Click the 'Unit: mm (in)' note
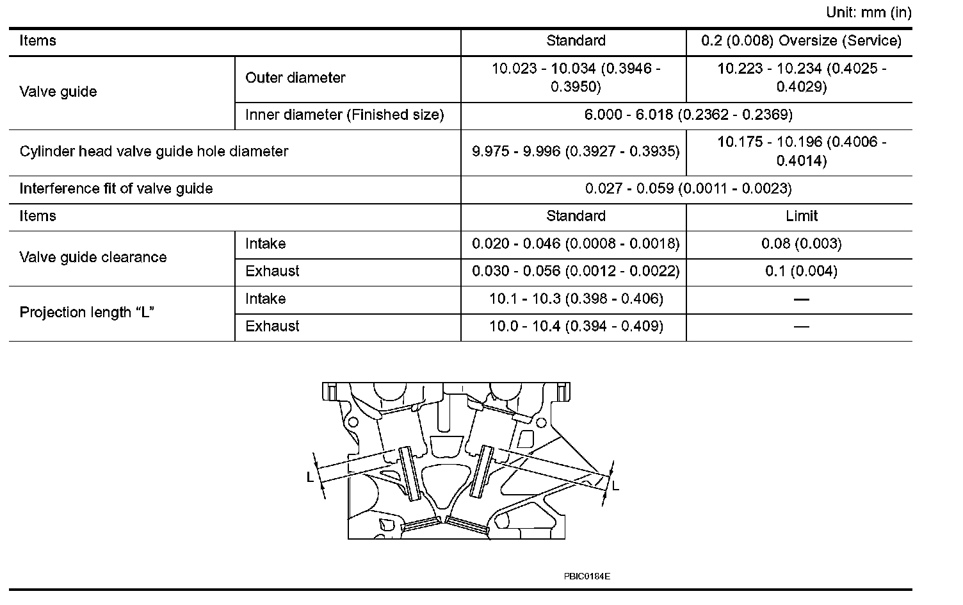pos(868,12)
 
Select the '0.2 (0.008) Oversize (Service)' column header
pos(801,41)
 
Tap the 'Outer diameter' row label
pos(295,78)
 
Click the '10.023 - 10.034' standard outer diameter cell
pos(575,78)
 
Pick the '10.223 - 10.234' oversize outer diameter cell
pos(801,78)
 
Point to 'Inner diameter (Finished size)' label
pos(344,115)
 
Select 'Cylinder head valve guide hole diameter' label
pos(154,152)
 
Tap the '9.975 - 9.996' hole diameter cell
pos(575,152)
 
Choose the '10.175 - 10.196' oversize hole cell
pos(801,151)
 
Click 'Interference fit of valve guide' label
pos(116,189)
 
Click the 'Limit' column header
pos(801,217)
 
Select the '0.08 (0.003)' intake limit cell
pos(801,244)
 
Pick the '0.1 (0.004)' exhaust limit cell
pos(801,272)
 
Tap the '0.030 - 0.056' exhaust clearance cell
pos(575,272)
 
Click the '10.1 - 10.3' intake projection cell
pos(575,299)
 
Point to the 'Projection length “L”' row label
pos(87,313)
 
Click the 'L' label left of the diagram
pos(310,477)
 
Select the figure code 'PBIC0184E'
pos(587,576)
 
